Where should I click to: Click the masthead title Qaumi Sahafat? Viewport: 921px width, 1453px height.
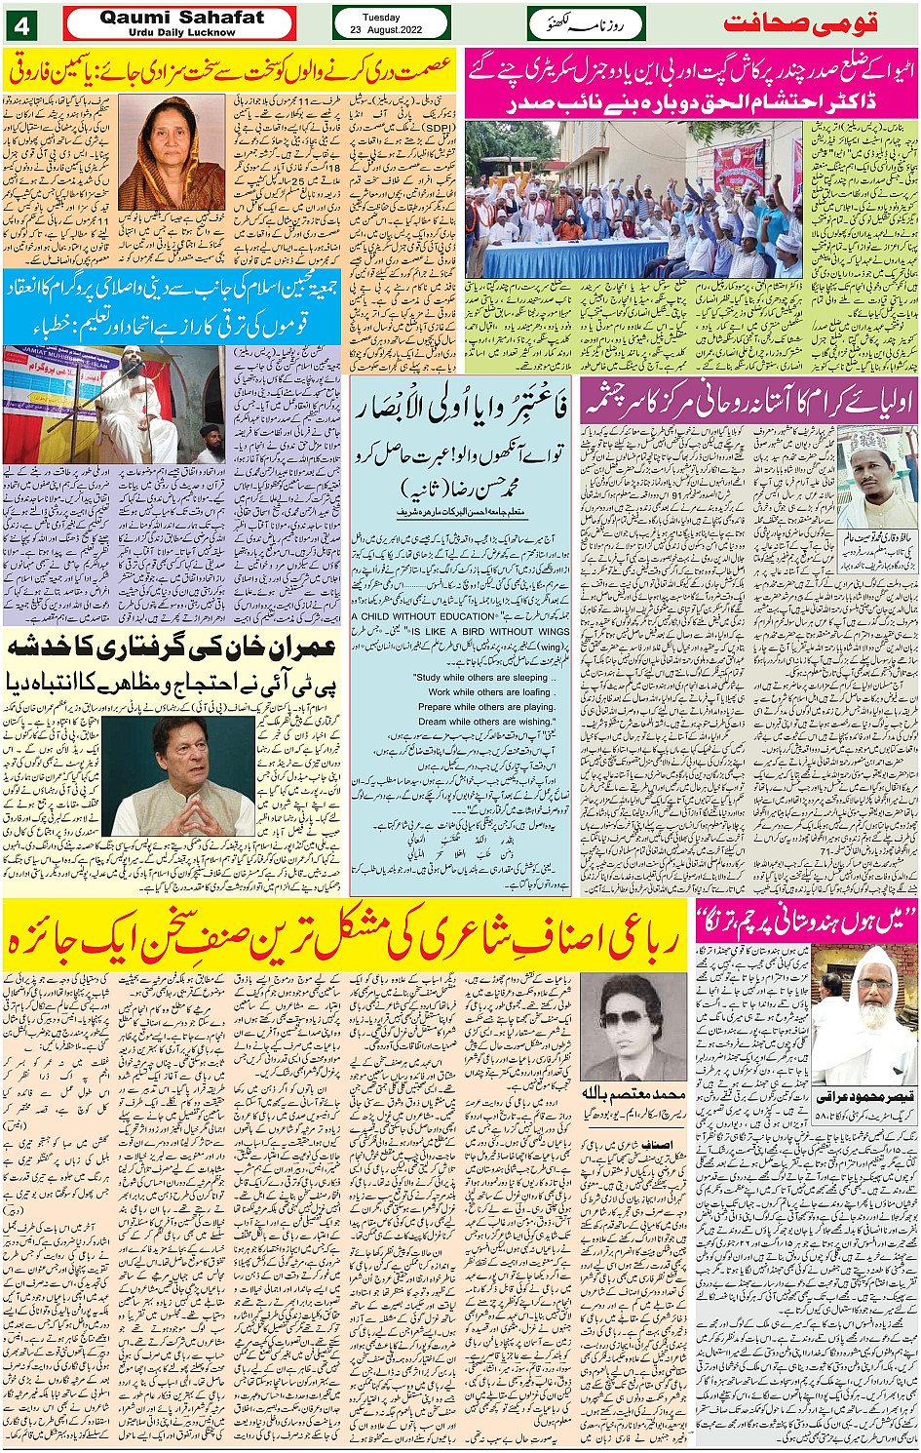[x=181, y=17]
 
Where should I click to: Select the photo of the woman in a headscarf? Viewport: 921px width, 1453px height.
[x=172, y=153]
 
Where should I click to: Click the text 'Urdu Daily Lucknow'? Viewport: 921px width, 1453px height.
[x=181, y=32]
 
